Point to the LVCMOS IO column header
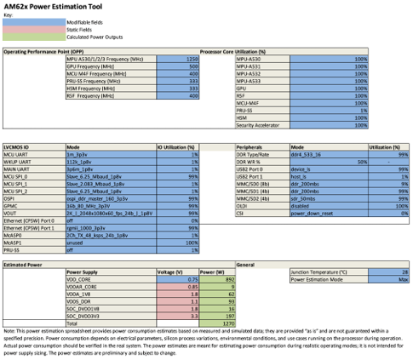(x=20, y=146)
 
